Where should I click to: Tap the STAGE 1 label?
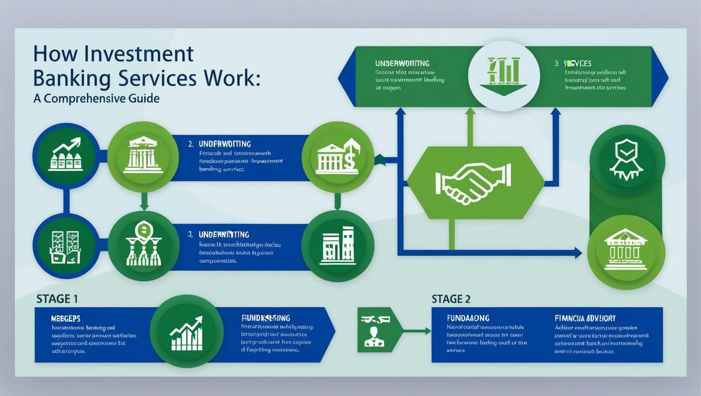(x=57, y=299)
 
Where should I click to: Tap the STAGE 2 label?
(x=451, y=299)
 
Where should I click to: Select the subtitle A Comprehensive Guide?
(x=96, y=99)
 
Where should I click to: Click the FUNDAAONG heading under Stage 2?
(x=468, y=318)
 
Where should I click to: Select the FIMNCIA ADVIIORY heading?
(x=585, y=318)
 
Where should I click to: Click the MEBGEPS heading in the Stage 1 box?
(x=65, y=318)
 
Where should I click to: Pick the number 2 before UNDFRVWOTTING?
(x=190, y=144)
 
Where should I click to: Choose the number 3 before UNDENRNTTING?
(x=190, y=235)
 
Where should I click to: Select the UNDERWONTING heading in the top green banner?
(x=402, y=63)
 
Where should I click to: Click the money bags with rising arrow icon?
(x=66, y=155)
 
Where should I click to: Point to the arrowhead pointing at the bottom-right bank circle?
(x=578, y=253)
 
